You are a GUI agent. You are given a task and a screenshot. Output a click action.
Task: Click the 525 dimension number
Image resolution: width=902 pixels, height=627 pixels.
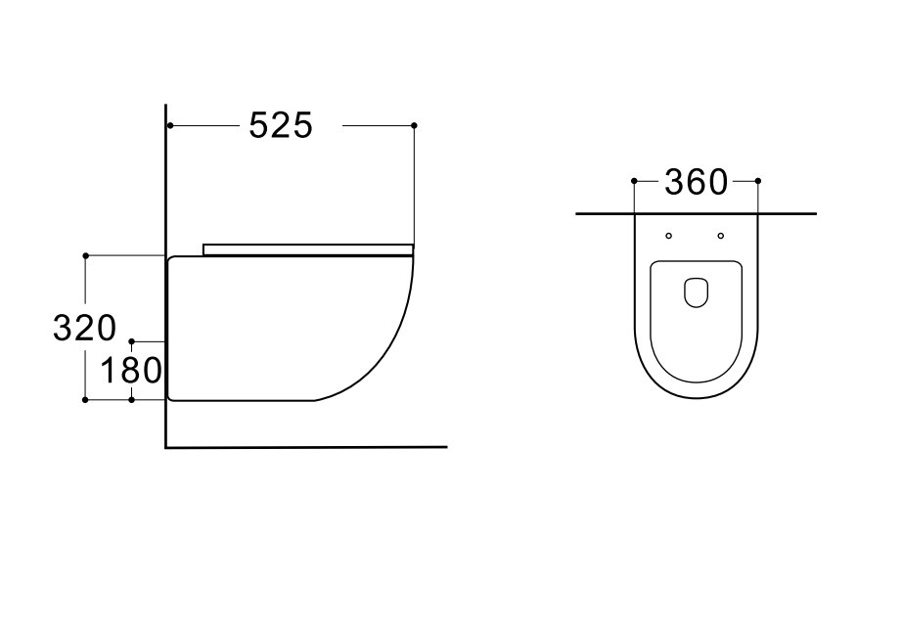coord(281,125)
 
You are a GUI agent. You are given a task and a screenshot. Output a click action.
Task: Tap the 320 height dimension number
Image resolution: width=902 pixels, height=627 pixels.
coord(84,329)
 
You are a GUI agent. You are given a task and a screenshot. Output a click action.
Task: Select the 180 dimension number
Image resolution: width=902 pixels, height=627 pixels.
coord(130,370)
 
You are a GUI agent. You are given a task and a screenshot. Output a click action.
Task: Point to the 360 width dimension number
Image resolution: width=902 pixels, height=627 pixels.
coord(696,182)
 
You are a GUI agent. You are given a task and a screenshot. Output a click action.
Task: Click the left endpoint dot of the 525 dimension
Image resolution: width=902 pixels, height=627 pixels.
coord(170,125)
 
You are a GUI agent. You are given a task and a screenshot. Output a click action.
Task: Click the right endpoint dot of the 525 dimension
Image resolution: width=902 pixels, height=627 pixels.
coord(414,125)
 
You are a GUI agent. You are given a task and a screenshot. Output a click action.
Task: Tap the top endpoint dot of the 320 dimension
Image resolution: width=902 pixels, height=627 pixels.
coord(86,255)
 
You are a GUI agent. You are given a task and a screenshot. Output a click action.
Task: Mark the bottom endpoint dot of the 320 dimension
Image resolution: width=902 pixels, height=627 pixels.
coord(86,400)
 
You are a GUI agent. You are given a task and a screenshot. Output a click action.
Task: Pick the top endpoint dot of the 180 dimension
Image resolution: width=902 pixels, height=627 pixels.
coord(132,341)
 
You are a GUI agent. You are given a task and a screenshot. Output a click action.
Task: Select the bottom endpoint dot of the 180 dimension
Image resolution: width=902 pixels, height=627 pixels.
coord(132,400)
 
